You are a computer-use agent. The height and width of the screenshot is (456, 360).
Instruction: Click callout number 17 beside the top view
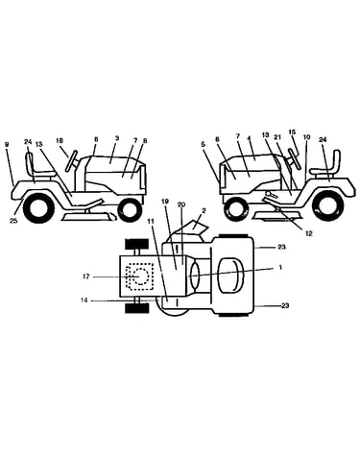pyautogui.click(x=85, y=276)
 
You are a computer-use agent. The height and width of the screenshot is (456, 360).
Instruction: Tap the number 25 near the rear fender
pyautogui.click(x=13, y=221)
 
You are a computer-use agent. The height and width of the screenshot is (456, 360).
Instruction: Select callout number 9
pyautogui.click(x=7, y=144)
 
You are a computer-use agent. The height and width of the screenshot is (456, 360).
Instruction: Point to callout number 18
pyautogui.click(x=60, y=140)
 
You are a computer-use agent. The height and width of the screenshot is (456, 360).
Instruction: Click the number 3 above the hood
pyautogui.click(x=117, y=138)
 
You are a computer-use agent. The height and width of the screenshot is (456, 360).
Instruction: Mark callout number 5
pyautogui.click(x=203, y=144)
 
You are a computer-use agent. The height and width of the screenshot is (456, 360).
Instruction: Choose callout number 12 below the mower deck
pyautogui.click(x=308, y=233)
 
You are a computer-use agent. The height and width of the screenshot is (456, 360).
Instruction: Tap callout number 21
pyautogui.click(x=277, y=136)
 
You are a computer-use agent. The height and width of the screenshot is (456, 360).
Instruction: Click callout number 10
pyautogui.click(x=306, y=137)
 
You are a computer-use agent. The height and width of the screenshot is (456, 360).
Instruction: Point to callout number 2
pyautogui.click(x=204, y=210)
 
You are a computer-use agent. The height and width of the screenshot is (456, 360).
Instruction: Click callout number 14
pyautogui.click(x=85, y=300)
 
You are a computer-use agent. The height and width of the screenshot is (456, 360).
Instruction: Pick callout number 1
pyautogui.click(x=280, y=268)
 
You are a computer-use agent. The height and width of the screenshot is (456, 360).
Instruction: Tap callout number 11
pyautogui.click(x=151, y=220)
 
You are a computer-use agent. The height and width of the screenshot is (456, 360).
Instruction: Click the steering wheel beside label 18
pyautogui.click(x=73, y=160)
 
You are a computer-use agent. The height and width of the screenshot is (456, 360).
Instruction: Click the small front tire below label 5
pyautogui.click(x=237, y=209)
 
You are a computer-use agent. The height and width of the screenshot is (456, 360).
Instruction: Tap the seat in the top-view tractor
pyautogui.click(x=230, y=275)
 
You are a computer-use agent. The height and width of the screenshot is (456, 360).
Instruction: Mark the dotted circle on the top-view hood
pyautogui.click(x=139, y=276)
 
